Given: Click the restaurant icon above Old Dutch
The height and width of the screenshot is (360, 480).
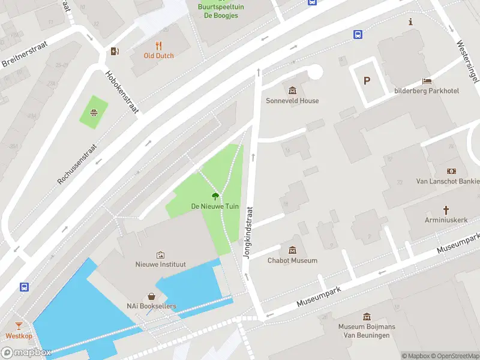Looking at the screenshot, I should (x=158, y=46).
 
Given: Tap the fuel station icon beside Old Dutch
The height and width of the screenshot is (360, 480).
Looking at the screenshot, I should (x=115, y=52).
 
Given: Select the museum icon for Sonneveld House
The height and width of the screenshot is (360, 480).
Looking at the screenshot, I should (x=292, y=91).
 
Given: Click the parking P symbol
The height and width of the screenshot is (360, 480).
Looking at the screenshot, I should (x=367, y=81).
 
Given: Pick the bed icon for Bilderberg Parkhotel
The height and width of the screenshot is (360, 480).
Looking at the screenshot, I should (x=427, y=81).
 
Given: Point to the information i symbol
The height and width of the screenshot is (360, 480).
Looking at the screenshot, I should (x=410, y=22).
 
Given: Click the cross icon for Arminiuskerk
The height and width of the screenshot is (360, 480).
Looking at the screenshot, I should (x=446, y=209).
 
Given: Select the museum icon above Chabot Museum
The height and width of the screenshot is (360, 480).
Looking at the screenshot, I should (x=292, y=250).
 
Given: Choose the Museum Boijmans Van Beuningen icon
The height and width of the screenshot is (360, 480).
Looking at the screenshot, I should (x=367, y=317).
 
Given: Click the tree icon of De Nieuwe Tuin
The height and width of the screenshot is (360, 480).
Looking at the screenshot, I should (x=215, y=196).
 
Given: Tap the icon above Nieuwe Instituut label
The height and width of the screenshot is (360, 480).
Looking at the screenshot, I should (x=160, y=254).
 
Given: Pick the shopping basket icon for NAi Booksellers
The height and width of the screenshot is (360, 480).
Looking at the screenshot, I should (x=151, y=296).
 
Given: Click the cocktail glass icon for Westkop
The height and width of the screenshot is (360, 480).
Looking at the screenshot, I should (x=19, y=326).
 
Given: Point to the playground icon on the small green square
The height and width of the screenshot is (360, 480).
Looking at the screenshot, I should (x=94, y=112).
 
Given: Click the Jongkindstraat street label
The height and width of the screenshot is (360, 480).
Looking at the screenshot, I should (x=246, y=233).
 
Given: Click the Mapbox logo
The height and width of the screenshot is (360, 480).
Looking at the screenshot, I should (x=26, y=353).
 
